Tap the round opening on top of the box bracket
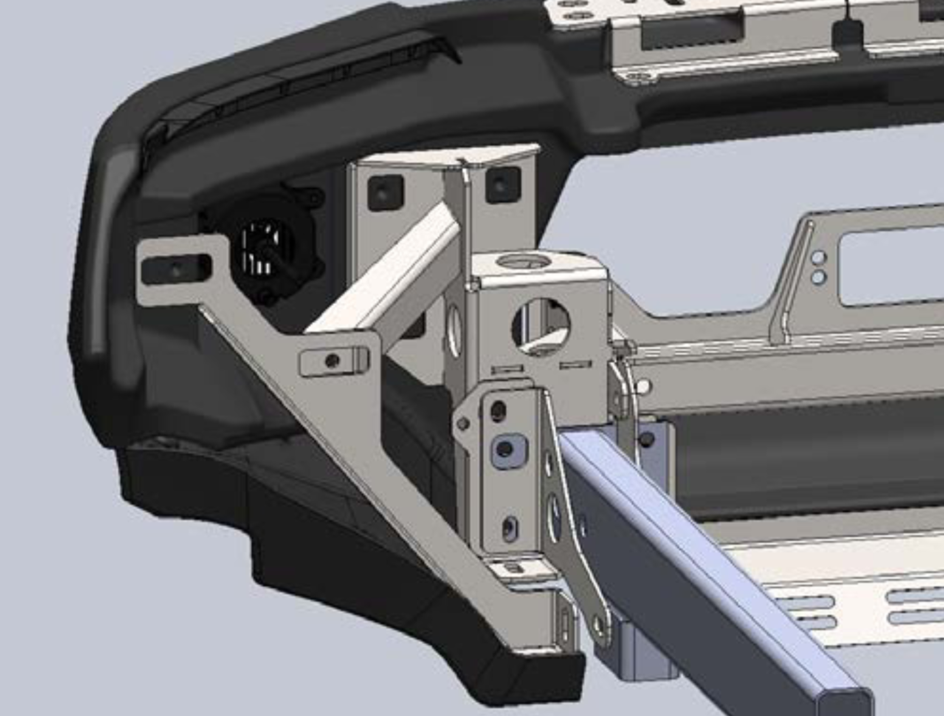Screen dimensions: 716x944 (524, 261)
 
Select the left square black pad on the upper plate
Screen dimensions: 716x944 (385, 193)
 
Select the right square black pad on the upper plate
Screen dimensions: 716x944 (503, 184)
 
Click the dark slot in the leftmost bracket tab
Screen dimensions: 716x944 (176, 269)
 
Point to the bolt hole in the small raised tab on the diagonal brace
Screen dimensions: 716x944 (333, 361)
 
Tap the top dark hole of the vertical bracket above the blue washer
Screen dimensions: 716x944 (498, 412)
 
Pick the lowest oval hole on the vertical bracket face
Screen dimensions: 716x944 (510, 528)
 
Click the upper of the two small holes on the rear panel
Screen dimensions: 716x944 (819, 258)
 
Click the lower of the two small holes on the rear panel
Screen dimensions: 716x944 (818, 277)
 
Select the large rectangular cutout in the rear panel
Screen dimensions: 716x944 (892, 267)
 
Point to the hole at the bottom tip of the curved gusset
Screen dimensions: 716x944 (600, 627)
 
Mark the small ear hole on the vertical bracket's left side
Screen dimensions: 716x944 (462, 424)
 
